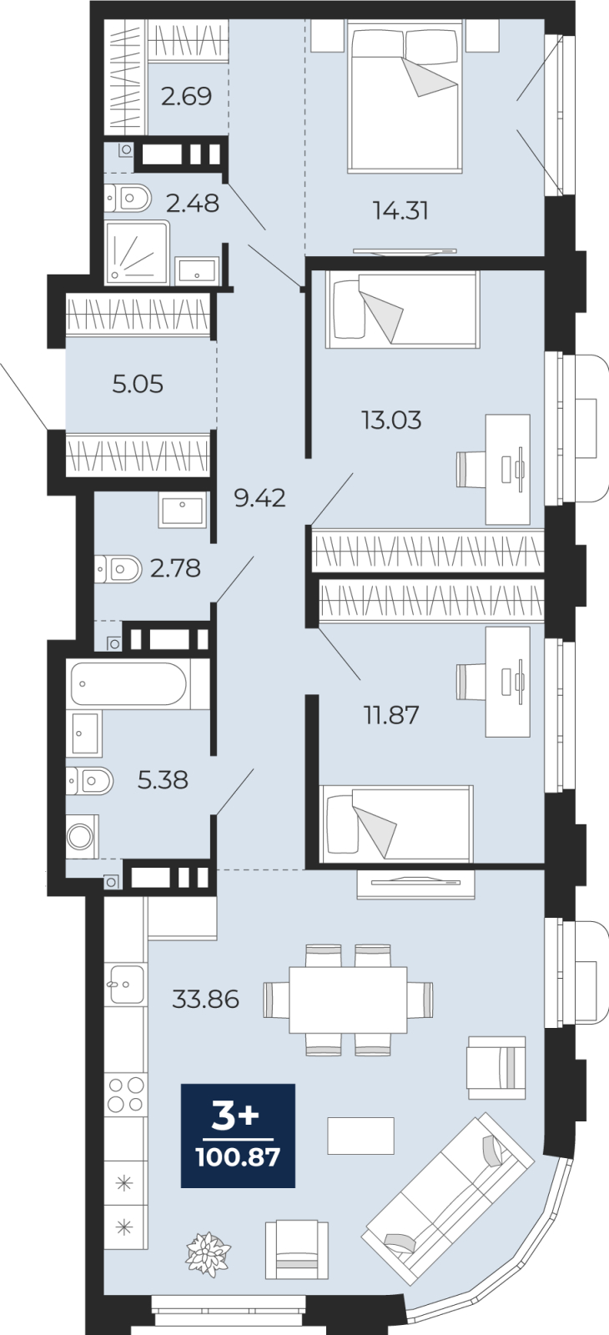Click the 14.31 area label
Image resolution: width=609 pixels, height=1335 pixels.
pos(400,210)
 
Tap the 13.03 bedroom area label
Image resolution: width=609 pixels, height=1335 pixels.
pos(391,421)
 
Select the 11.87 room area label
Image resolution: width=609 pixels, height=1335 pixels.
pos(391,714)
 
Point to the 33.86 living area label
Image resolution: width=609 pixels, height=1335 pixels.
pos(205,998)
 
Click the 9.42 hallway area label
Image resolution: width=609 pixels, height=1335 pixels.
pos(259,497)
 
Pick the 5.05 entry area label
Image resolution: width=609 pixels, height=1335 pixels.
pos(138,385)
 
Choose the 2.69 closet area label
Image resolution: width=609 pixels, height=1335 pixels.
pos(187,96)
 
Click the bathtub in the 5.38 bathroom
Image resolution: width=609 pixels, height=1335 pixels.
pos(128,683)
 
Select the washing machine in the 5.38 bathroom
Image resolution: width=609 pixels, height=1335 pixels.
pos(80,836)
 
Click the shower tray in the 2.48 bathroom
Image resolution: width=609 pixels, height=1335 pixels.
pos(138,252)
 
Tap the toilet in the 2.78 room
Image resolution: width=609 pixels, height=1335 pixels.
pos(118,569)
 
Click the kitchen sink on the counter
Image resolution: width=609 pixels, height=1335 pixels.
pos(126,985)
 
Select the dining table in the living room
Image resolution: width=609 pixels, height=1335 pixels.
pos(349,1000)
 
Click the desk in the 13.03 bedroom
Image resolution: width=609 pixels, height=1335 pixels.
pos(508,470)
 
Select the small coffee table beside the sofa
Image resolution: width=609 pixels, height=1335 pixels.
pos(360,1136)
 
